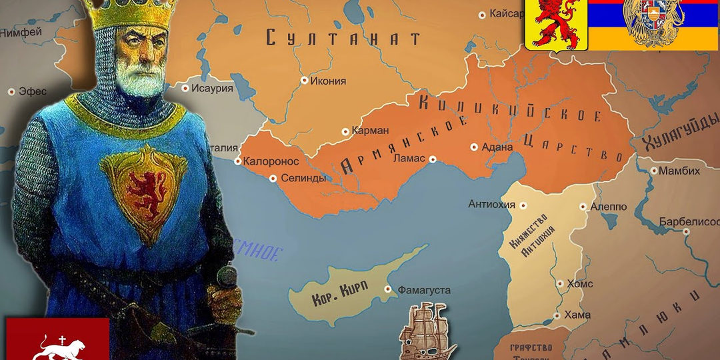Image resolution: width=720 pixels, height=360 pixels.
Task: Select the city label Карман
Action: pos(369,131)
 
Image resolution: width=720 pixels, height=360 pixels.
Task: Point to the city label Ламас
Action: pos(409,159)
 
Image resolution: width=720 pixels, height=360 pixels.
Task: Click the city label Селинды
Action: pos(303,178)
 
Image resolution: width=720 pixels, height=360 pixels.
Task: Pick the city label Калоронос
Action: pos(267,161)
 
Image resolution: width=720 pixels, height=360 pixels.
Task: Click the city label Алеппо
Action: pos(609,207)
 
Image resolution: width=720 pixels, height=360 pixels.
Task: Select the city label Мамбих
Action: pos(681,171)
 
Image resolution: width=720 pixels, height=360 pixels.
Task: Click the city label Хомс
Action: pos(579,283)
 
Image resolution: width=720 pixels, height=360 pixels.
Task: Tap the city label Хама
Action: pos(576,315)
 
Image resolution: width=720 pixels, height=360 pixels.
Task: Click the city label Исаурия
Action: pos(212,88)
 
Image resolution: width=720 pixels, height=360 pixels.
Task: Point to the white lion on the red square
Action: pos(59,347)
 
